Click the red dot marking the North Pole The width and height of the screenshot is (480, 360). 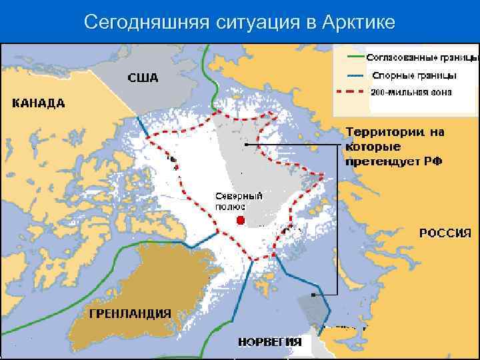pos(241,220)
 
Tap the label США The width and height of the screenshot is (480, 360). pos(143,78)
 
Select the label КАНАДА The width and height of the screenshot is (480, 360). pos(39,103)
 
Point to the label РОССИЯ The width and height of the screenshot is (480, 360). pos(445,233)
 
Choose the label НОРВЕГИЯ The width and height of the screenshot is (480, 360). pos(269,343)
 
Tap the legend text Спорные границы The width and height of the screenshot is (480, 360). pos(414,75)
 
